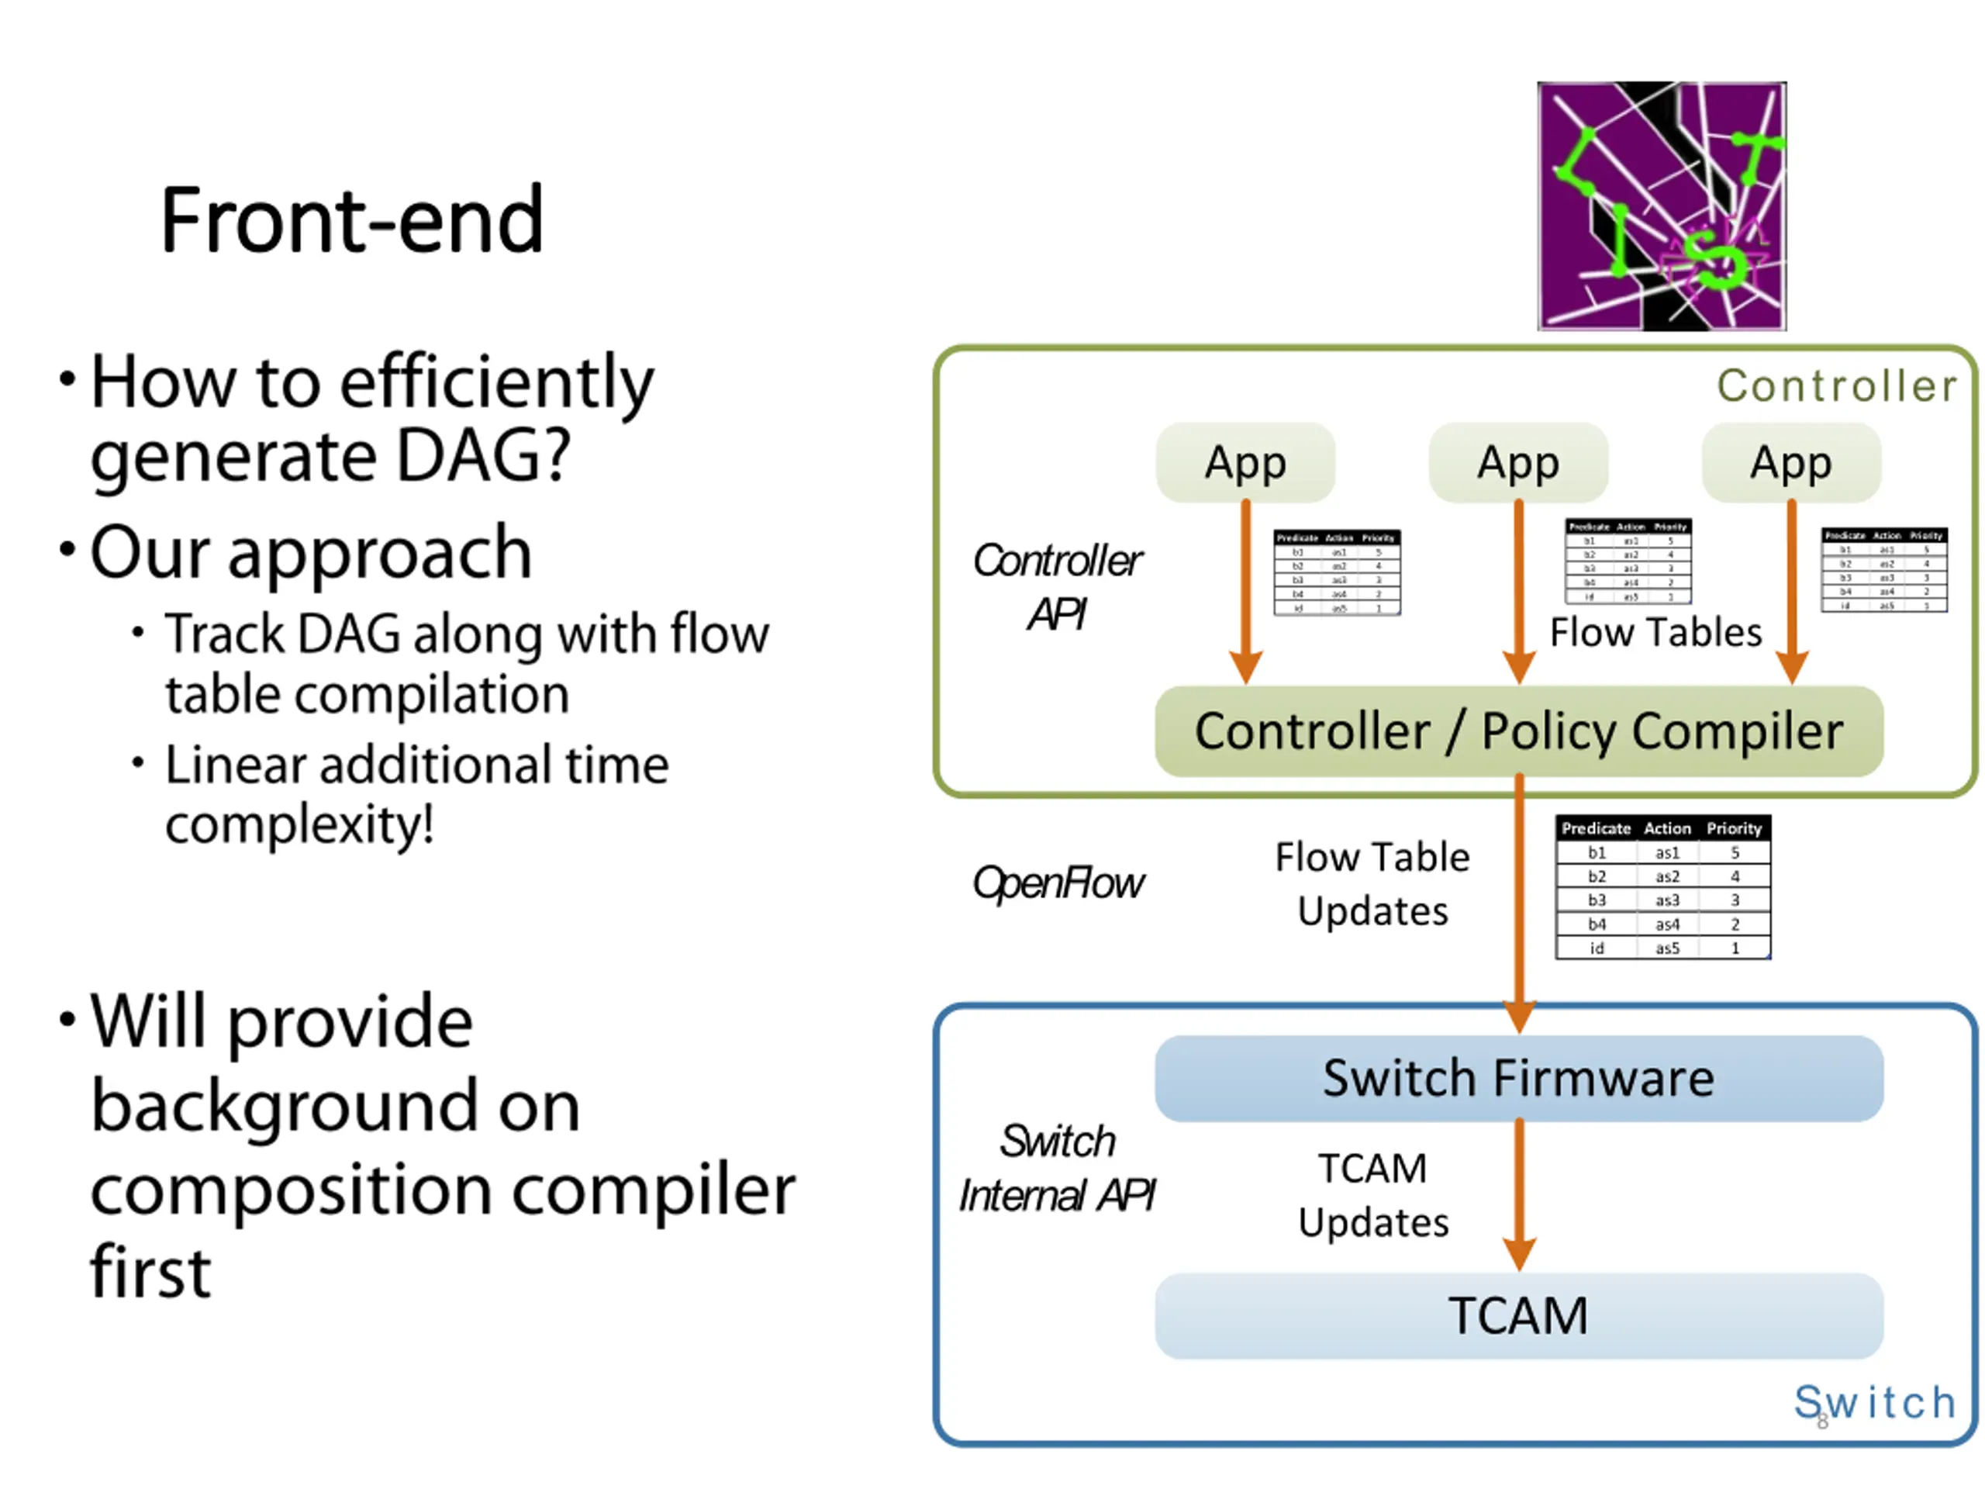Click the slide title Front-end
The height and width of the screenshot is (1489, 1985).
coord(352,220)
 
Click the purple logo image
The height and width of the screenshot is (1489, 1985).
coord(1661,206)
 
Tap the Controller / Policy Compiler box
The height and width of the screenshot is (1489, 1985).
coord(1518,731)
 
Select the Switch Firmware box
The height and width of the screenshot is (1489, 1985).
coord(1518,1078)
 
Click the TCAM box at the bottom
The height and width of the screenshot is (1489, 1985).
coord(1518,1316)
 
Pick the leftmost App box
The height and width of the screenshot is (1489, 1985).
coord(1245,463)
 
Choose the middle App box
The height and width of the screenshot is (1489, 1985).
coord(1518,463)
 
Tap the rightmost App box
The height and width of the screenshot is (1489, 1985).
coord(1791,463)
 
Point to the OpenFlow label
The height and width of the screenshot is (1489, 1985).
coord(1059,883)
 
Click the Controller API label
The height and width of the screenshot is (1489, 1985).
coord(1057,588)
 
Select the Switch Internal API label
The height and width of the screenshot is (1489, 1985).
coord(1057,1169)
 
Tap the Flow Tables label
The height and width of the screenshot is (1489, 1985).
coord(1655,633)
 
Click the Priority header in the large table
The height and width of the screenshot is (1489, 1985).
coord(1734,828)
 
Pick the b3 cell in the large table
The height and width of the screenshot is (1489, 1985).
coord(1597,900)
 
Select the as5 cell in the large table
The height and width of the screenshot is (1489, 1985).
coord(1666,948)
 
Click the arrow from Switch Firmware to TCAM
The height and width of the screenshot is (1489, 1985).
coord(1518,1194)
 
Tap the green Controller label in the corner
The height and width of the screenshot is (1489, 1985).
coord(1836,386)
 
